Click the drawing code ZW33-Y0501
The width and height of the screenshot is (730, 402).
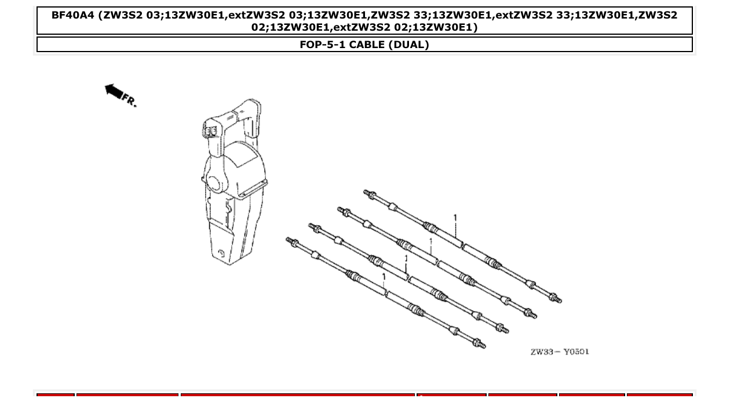click(x=560, y=352)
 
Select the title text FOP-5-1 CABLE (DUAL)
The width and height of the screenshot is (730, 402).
click(x=364, y=45)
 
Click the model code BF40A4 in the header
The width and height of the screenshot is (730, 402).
click(x=72, y=15)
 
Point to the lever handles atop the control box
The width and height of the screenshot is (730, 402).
click(x=232, y=116)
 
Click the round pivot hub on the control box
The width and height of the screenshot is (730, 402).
click(x=213, y=184)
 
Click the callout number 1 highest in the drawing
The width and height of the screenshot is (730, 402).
click(x=455, y=218)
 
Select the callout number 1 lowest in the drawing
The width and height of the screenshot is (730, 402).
click(x=383, y=277)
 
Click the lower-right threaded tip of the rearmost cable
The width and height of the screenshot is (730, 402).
click(x=557, y=299)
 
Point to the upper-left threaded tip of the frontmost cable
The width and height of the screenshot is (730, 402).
click(x=290, y=240)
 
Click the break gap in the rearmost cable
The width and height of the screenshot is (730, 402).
click(x=462, y=246)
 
